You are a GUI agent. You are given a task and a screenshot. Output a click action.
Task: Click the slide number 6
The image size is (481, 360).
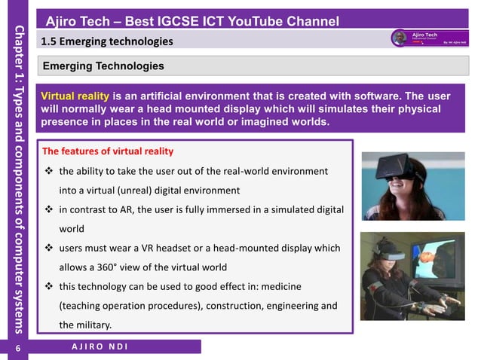16,347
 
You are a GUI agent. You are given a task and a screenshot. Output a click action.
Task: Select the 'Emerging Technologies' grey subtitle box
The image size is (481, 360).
103,66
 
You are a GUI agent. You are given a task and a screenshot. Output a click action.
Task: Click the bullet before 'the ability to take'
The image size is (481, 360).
48,172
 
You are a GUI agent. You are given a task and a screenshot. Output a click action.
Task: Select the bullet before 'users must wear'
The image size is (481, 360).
48,249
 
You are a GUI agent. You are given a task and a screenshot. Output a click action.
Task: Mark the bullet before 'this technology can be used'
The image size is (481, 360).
48,287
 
